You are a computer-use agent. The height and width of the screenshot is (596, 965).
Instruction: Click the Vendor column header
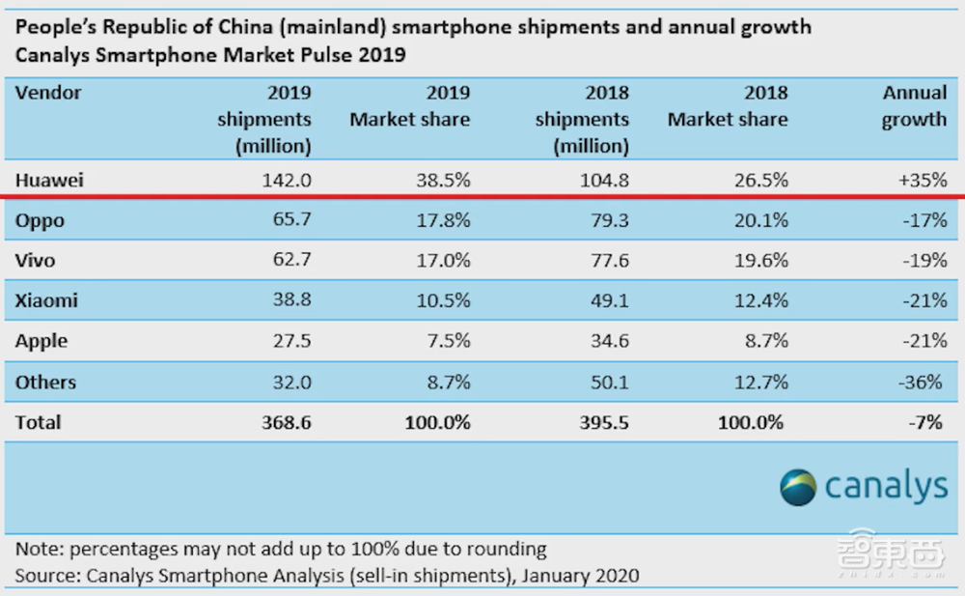click(48, 94)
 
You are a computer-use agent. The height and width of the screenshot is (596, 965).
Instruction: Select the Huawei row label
click(49, 180)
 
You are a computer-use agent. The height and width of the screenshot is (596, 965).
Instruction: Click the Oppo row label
click(40, 220)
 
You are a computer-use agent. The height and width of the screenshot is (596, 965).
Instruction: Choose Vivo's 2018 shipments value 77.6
click(607, 261)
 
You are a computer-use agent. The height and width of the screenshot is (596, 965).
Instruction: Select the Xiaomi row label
click(46, 301)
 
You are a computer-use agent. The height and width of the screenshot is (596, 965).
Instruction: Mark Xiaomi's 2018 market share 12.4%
click(760, 301)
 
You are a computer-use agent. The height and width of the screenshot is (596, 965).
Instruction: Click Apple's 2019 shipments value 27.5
click(290, 342)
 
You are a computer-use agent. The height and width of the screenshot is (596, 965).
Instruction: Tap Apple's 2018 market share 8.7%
click(765, 342)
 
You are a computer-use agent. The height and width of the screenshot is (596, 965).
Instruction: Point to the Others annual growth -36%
click(923, 383)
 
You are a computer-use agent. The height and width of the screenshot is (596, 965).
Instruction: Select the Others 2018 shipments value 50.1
click(607, 383)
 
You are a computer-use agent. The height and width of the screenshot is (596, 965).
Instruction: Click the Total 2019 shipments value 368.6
click(285, 422)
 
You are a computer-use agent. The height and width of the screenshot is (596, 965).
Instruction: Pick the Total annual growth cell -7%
click(927, 422)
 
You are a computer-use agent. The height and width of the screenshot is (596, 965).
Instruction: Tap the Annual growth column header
click(914, 106)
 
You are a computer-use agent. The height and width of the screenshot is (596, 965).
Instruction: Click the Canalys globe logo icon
click(798, 486)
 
